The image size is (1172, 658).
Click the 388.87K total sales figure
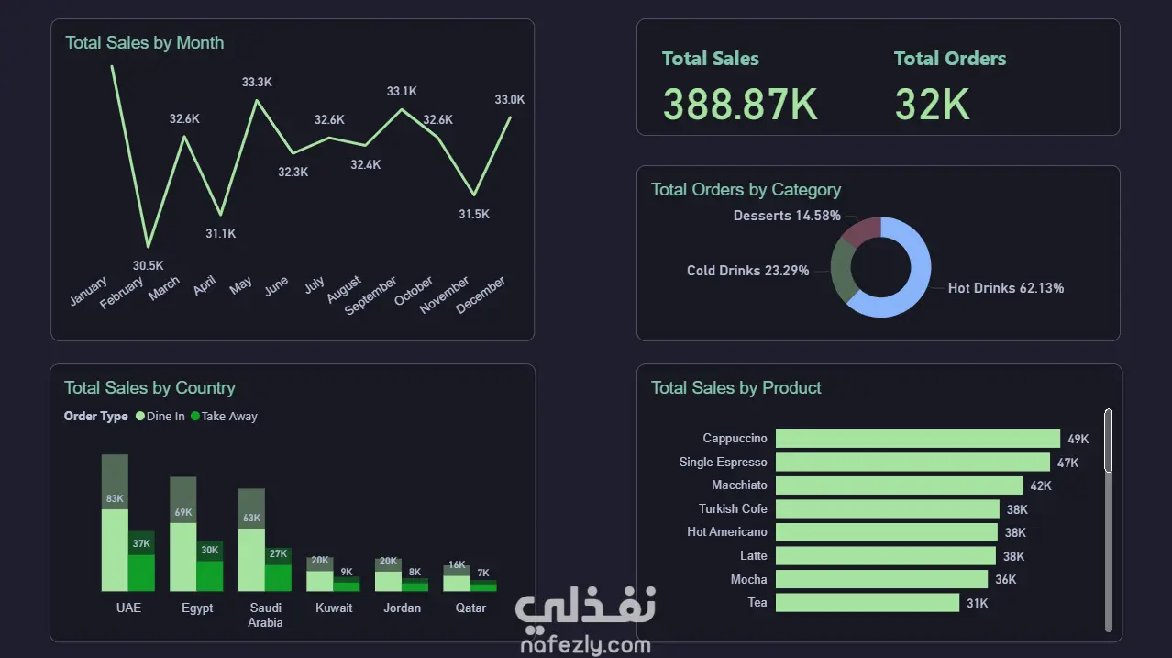point(739,105)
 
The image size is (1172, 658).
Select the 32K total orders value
point(932,105)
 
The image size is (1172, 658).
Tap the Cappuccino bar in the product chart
point(917,439)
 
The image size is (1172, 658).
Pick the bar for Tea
point(867,603)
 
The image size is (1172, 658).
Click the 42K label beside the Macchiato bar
point(1041,485)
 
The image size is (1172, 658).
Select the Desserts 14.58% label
point(787,216)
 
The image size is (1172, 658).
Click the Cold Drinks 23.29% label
point(747,271)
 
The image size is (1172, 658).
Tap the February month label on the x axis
point(122,294)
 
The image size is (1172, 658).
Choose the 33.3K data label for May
point(257,82)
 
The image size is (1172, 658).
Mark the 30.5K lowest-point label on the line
point(148,265)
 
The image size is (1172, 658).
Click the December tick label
point(481,296)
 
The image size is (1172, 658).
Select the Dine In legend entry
point(160,417)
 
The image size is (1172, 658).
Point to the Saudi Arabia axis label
point(265,615)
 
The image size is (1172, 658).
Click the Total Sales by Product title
point(735,388)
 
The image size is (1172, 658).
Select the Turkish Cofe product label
point(733,508)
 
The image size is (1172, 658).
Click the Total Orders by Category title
point(746,190)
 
